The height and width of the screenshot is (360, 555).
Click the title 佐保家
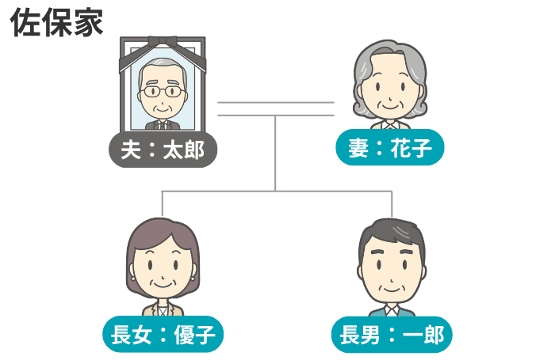tap(56, 23)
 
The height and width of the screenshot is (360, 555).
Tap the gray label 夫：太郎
tap(163, 150)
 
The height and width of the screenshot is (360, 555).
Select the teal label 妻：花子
tap(390, 147)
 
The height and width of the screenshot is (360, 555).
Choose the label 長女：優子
tap(163, 334)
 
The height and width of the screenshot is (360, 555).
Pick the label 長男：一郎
tap(392, 335)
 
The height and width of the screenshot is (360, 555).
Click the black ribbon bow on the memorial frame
tap(163, 41)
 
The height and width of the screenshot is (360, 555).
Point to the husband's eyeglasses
tap(163, 92)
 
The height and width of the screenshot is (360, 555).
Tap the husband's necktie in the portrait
tap(163, 125)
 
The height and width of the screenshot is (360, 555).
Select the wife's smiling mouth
tap(390, 106)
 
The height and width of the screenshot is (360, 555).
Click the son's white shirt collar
tap(392, 311)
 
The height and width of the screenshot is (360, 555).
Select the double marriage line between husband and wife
tap(276, 109)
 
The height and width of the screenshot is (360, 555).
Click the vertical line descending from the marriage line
tap(275, 153)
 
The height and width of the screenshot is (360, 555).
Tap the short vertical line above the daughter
tap(162, 203)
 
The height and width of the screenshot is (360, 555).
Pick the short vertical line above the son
tap(392, 204)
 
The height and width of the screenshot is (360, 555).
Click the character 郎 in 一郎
tap(434, 335)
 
